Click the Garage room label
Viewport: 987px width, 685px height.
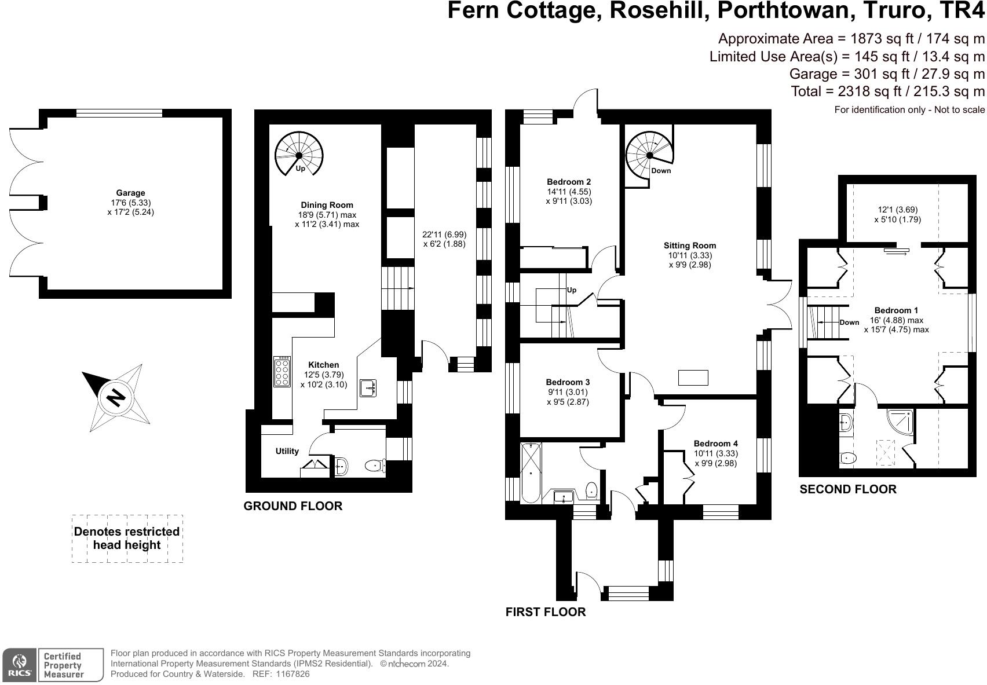(x=130, y=193)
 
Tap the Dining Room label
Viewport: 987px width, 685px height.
(x=327, y=205)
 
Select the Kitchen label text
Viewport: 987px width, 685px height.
(x=323, y=365)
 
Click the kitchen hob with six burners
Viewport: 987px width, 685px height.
(x=282, y=371)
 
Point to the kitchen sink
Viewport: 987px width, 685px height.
(x=368, y=388)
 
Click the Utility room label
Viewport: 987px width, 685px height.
(x=287, y=451)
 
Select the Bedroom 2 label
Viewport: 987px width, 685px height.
(x=569, y=182)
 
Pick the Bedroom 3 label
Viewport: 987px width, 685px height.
(x=568, y=382)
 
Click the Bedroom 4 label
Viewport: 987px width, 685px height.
(x=716, y=444)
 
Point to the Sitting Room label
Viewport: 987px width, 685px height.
(x=689, y=246)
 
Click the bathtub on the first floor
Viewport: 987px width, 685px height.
(x=531, y=472)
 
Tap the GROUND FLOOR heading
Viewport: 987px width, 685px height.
(x=293, y=506)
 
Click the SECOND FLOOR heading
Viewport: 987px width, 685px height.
(x=847, y=489)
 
